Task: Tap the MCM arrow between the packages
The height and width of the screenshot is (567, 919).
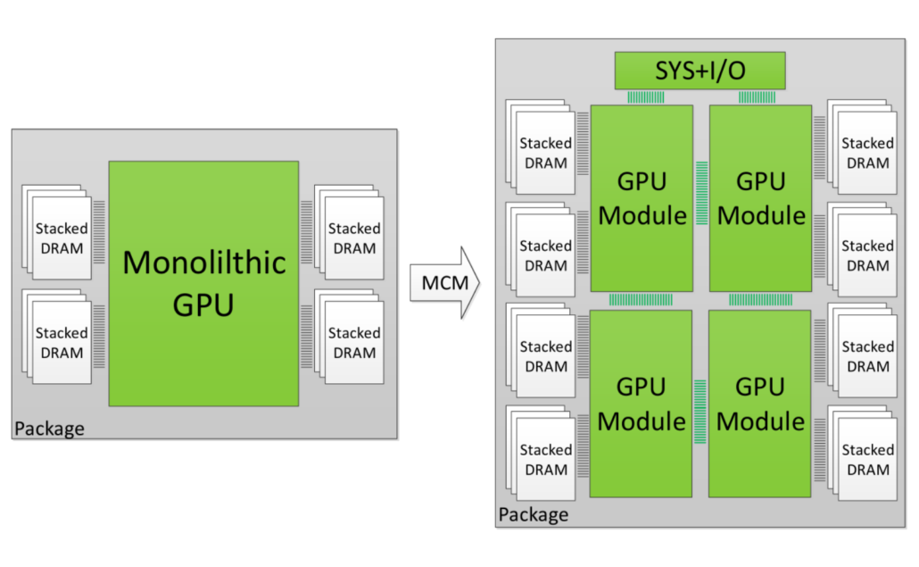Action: tap(444, 284)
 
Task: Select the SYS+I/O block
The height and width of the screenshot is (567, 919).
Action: tap(700, 71)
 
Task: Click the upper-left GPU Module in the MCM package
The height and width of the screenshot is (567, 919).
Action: tap(642, 198)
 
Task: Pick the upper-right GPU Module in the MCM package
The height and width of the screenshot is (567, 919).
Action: tap(760, 198)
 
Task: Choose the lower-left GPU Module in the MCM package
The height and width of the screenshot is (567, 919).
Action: tap(641, 404)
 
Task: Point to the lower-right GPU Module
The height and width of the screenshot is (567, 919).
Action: tap(760, 404)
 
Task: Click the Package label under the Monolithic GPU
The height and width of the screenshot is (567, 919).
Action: tap(49, 429)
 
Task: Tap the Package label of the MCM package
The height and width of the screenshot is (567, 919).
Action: tap(533, 515)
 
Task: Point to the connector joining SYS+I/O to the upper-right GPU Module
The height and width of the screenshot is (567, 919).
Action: tap(757, 96)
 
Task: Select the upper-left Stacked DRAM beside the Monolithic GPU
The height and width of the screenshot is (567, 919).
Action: tap(61, 238)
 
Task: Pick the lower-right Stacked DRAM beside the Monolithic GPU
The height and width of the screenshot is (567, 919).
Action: tap(353, 342)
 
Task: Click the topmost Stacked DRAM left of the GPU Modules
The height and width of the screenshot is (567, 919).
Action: tap(544, 153)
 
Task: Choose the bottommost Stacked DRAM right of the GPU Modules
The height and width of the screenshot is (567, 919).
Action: tap(865, 459)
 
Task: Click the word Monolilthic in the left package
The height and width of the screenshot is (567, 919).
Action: tap(203, 263)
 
